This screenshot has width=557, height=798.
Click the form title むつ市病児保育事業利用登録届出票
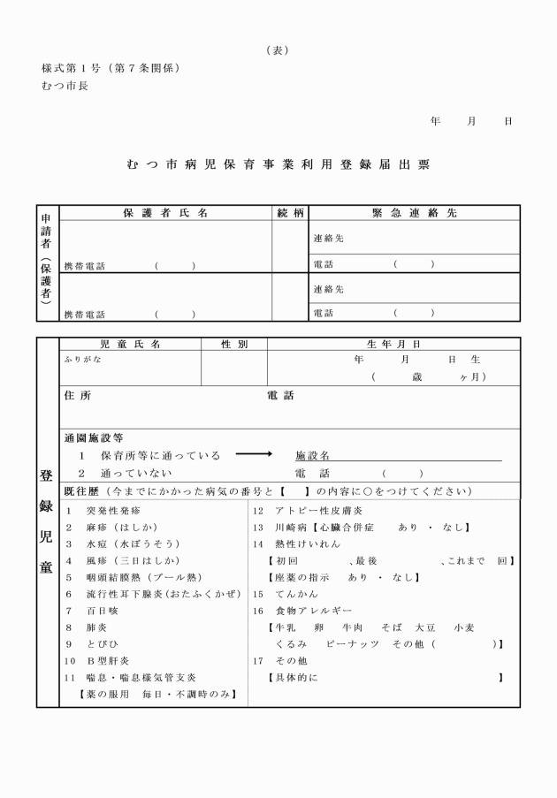coord(278,165)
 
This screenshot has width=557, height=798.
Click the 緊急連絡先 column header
coord(414,213)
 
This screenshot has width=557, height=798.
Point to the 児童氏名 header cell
coord(130,344)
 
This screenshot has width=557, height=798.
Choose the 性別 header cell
coord(233,344)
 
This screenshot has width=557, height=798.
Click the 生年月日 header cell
coord(393,344)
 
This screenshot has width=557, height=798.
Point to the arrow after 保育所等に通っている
coord(255,455)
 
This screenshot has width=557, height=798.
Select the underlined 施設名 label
coord(312,456)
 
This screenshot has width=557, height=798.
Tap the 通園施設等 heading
coord(94,437)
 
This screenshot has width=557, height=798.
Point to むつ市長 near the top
coord(65,86)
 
